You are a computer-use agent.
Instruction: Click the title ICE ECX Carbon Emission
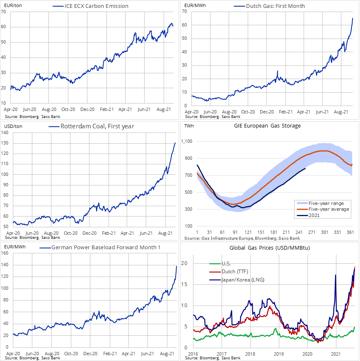(97, 6)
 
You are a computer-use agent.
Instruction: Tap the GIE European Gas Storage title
(270, 125)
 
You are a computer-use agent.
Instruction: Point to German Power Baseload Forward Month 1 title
(106, 248)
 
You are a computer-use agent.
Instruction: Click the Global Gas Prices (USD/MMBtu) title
(270, 248)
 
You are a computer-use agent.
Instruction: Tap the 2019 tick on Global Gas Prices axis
(279, 354)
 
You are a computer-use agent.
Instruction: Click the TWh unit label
(189, 125)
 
